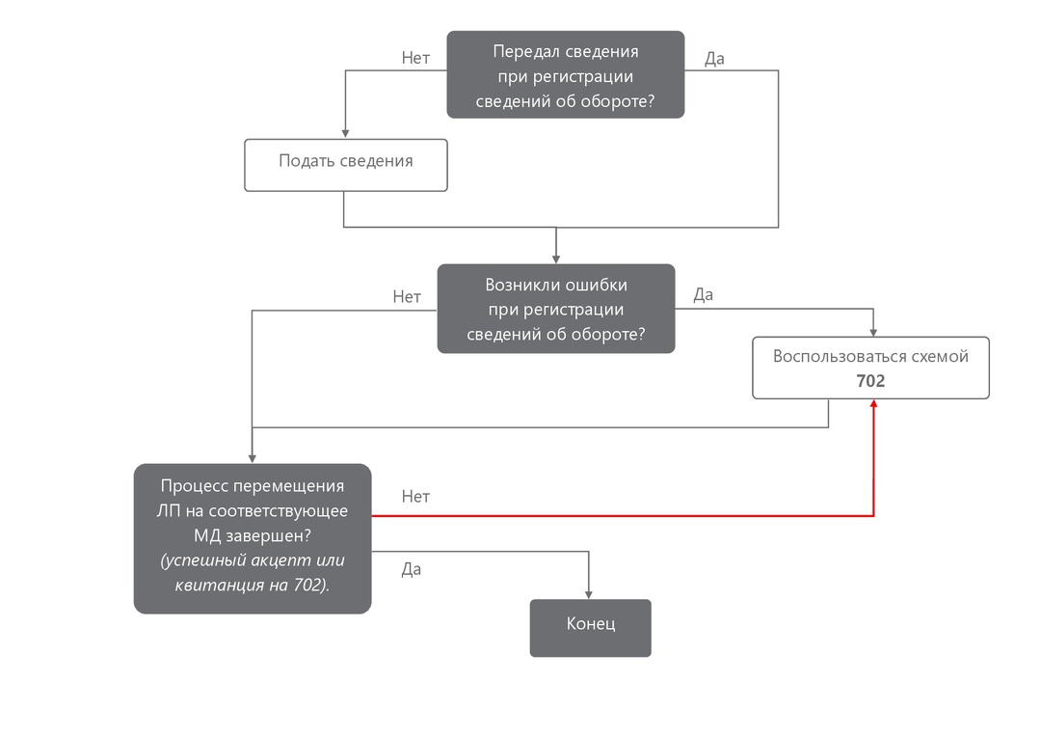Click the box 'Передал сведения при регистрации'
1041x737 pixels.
click(x=565, y=74)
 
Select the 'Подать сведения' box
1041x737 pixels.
click(x=345, y=165)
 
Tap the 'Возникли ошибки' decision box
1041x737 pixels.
click(x=555, y=309)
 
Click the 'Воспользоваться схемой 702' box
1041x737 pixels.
click(x=870, y=368)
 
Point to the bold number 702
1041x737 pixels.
click(x=870, y=381)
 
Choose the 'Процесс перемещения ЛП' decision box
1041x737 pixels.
click(x=252, y=538)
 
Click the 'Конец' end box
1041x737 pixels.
click(x=590, y=628)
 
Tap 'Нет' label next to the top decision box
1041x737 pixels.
click(x=415, y=58)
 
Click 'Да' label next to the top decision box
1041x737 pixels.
click(x=714, y=58)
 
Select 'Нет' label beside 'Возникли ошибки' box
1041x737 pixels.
click(x=407, y=296)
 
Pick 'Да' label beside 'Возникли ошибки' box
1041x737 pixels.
click(x=704, y=294)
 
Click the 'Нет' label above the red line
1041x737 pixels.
click(x=415, y=496)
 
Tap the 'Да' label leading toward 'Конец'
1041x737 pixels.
click(x=412, y=569)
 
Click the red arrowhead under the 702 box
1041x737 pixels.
click(x=873, y=405)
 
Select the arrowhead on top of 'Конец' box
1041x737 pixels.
click(x=589, y=594)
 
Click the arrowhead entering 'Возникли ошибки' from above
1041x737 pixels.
click(x=556, y=259)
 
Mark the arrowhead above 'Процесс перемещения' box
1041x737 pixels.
click(x=252, y=458)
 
